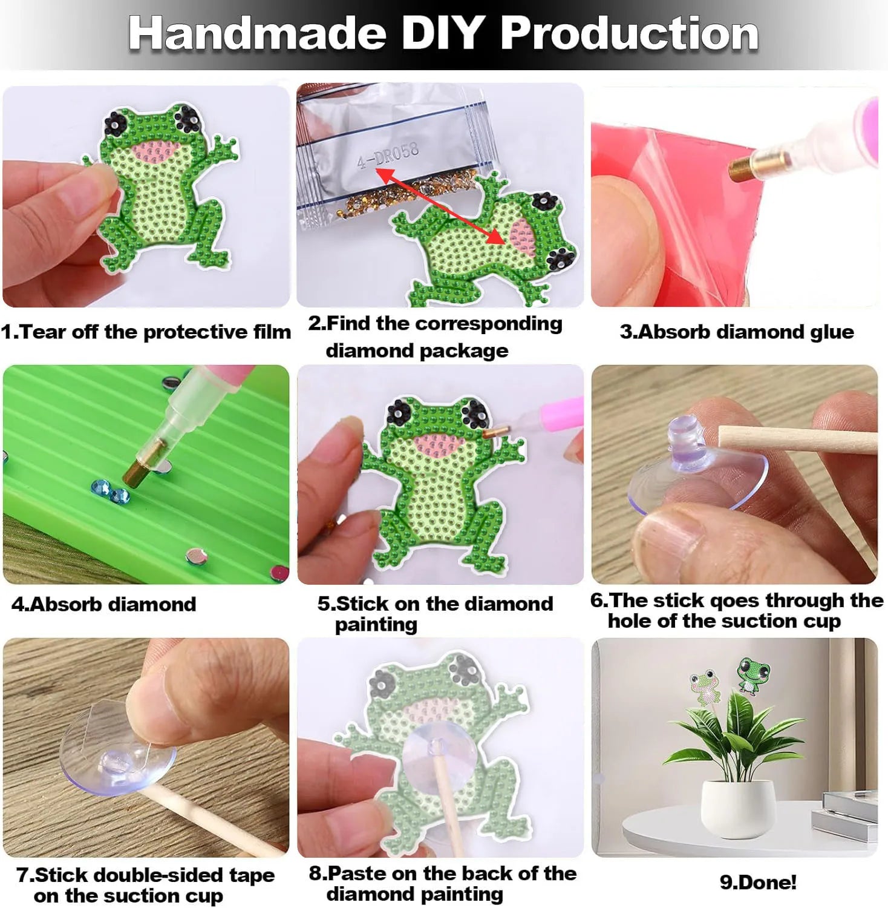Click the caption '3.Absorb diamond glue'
tap(737, 332)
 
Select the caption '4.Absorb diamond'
tap(103, 604)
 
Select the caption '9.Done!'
tap(758, 882)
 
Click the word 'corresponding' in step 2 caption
tap(487, 324)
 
